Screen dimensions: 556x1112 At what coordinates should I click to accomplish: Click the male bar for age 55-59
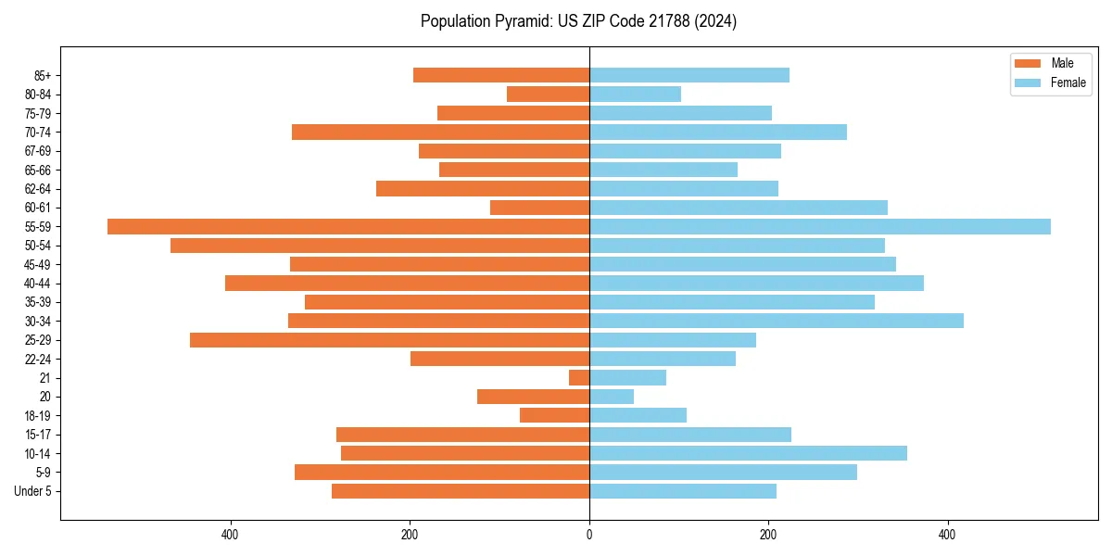click(348, 226)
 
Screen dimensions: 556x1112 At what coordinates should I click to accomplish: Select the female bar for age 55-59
click(820, 226)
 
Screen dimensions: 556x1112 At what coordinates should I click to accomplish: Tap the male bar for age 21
click(579, 377)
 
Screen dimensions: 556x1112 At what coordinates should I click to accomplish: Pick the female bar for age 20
click(612, 397)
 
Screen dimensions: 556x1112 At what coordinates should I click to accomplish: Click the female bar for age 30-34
click(777, 321)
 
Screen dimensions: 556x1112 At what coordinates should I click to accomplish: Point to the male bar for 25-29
click(389, 340)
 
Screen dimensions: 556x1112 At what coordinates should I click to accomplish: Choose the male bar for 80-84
click(548, 94)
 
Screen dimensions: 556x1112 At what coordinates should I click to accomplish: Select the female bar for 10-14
click(748, 453)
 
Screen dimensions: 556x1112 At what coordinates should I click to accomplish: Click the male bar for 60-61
click(539, 208)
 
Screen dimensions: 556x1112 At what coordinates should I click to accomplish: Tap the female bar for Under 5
click(683, 491)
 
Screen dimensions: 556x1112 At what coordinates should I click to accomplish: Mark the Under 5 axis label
click(32, 491)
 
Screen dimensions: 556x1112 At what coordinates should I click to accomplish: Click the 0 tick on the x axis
click(589, 536)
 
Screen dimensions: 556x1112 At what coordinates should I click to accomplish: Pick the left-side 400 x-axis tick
click(231, 536)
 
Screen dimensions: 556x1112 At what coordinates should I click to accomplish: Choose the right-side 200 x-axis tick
click(768, 536)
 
